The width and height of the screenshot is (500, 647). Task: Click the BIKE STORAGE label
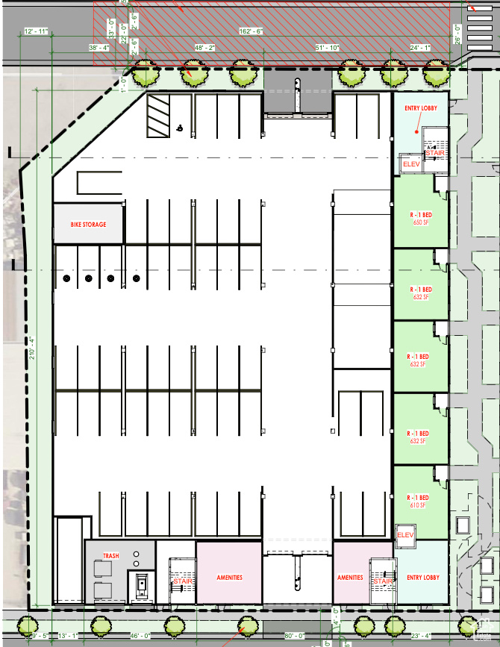[88, 225]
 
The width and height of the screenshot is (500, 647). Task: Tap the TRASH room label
[111, 556]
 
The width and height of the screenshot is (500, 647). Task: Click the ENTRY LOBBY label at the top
[420, 108]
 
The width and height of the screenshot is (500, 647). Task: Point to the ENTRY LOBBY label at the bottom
[422, 578]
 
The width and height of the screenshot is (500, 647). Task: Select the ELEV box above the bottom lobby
[405, 535]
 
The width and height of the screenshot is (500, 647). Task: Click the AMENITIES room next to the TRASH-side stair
[229, 578]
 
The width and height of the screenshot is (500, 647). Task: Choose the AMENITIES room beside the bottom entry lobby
[350, 578]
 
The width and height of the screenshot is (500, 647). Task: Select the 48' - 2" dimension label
[204, 47]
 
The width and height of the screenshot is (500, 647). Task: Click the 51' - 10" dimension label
[327, 47]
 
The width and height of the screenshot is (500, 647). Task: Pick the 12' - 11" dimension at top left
[35, 31]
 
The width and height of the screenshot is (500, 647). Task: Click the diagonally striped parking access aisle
[158, 116]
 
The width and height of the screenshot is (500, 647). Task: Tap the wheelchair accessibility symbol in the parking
[179, 128]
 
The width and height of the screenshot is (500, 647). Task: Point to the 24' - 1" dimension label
[420, 47]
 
